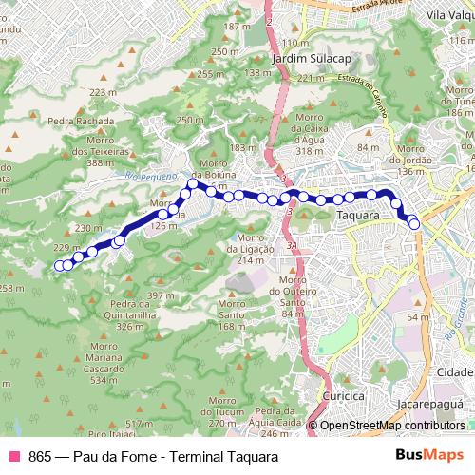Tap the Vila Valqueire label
(450, 14)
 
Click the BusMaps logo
(427, 455)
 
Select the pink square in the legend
(14, 456)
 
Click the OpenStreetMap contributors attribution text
(392, 427)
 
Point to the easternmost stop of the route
(414, 223)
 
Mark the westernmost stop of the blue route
(59, 266)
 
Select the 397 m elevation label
(162, 296)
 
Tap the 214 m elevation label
(250, 260)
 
